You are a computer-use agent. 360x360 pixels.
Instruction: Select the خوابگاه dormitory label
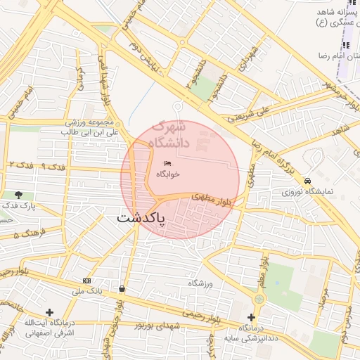(x=167, y=173)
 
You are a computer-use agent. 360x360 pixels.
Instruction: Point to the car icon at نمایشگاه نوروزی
(x=308, y=181)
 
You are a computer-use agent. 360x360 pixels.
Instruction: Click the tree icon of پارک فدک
(x=18, y=195)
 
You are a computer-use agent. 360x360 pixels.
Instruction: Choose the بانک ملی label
(x=91, y=290)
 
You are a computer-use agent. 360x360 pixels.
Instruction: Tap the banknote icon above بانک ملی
(x=86, y=280)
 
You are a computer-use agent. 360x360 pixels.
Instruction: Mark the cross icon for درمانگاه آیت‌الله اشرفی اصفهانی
(x=49, y=312)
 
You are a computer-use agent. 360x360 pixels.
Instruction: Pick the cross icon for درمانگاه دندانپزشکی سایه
(x=251, y=318)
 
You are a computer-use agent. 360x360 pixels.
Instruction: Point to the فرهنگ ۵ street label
(x=29, y=232)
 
